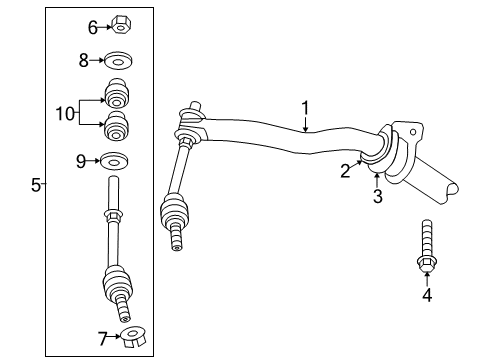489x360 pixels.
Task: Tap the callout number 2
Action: tap(345, 172)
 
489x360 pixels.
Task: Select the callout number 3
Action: tap(378, 196)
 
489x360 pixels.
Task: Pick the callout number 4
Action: tap(427, 295)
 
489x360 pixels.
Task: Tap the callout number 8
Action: tap(84, 60)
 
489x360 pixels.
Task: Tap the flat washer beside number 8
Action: tap(119, 60)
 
